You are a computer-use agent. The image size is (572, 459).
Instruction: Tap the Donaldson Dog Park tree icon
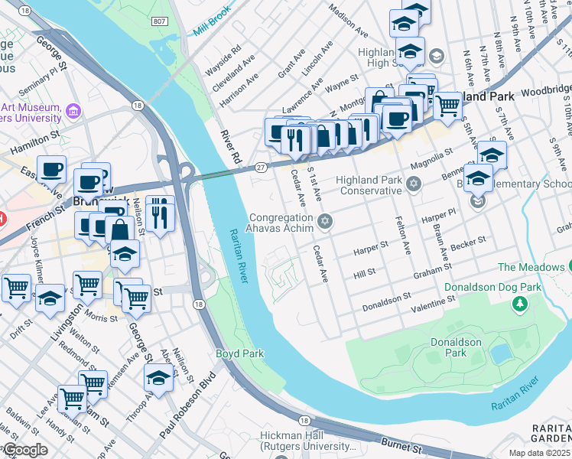[520, 304]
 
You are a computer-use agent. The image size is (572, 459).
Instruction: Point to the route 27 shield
[261, 167]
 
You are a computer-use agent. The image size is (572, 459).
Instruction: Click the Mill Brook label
[212, 29]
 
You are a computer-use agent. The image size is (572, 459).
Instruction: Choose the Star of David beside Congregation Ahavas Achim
[324, 222]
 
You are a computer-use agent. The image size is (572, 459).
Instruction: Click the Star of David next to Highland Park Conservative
[414, 184]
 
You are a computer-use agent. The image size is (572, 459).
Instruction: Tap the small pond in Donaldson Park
[502, 353]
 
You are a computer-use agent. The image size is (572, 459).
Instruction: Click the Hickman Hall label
[308, 435]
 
